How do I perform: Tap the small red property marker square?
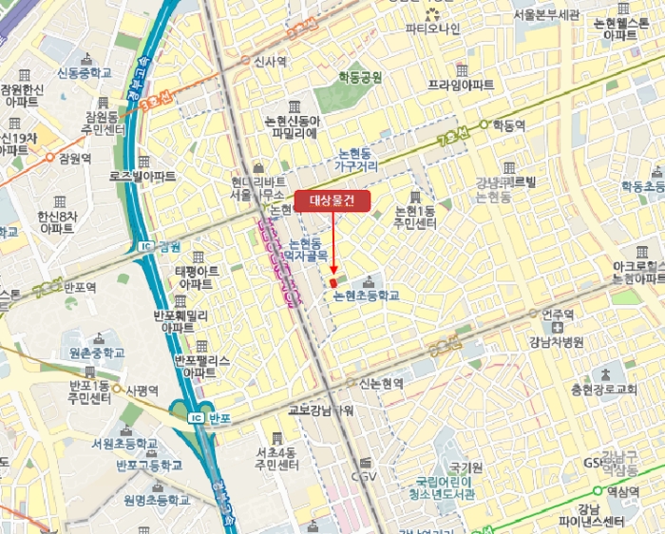coord(332,283)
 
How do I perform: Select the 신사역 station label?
coord(270,61)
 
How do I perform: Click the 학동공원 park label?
coord(361,77)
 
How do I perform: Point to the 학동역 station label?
coord(508,124)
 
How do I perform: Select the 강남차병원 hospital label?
coord(557,341)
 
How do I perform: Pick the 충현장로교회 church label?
coord(603,390)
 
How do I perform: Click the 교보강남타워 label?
coord(320,410)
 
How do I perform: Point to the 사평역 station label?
coord(140,389)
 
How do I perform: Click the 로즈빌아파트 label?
coord(142,177)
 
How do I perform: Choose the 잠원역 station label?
coord(74,159)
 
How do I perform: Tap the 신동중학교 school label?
coord(85,73)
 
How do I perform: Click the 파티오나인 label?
coord(432,29)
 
